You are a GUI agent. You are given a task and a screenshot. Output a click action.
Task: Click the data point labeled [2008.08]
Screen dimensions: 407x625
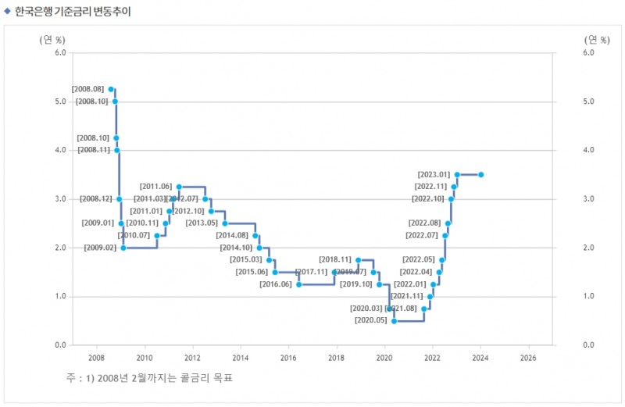(x=111, y=89)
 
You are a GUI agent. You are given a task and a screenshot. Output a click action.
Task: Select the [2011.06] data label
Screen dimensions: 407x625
(x=155, y=187)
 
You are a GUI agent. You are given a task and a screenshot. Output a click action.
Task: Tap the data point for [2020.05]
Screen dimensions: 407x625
(x=394, y=321)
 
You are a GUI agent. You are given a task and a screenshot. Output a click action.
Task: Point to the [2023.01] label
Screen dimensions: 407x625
(x=434, y=175)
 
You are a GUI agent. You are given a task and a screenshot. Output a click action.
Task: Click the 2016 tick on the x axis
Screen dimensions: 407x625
(x=288, y=358)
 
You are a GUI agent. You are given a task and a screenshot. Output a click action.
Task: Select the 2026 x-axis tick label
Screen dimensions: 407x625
(x=528, y=358)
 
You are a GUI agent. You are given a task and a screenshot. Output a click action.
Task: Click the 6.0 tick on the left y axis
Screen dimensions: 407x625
(x=59, y=53)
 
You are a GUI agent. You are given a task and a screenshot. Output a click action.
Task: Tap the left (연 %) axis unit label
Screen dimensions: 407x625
(x=52, y=40)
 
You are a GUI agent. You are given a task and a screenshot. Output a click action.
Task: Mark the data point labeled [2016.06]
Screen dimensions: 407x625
(x=298, y=284)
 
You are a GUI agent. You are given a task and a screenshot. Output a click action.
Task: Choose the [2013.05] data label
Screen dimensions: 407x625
(x=202, y=223)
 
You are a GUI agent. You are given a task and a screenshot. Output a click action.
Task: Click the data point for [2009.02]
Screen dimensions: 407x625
(x=123, y=248)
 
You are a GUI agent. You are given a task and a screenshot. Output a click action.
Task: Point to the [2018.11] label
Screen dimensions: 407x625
(x=335, y=259)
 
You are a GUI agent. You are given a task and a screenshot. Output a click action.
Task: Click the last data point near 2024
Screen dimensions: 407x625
(x=481, y=175)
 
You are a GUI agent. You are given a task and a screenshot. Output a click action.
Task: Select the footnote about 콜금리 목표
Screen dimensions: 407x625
(x=149, y=378)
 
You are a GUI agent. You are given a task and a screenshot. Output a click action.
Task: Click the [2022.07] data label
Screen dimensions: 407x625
(x=423, y=235)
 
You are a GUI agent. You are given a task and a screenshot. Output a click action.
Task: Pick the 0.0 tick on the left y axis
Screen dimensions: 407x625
(x=59, y=345)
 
